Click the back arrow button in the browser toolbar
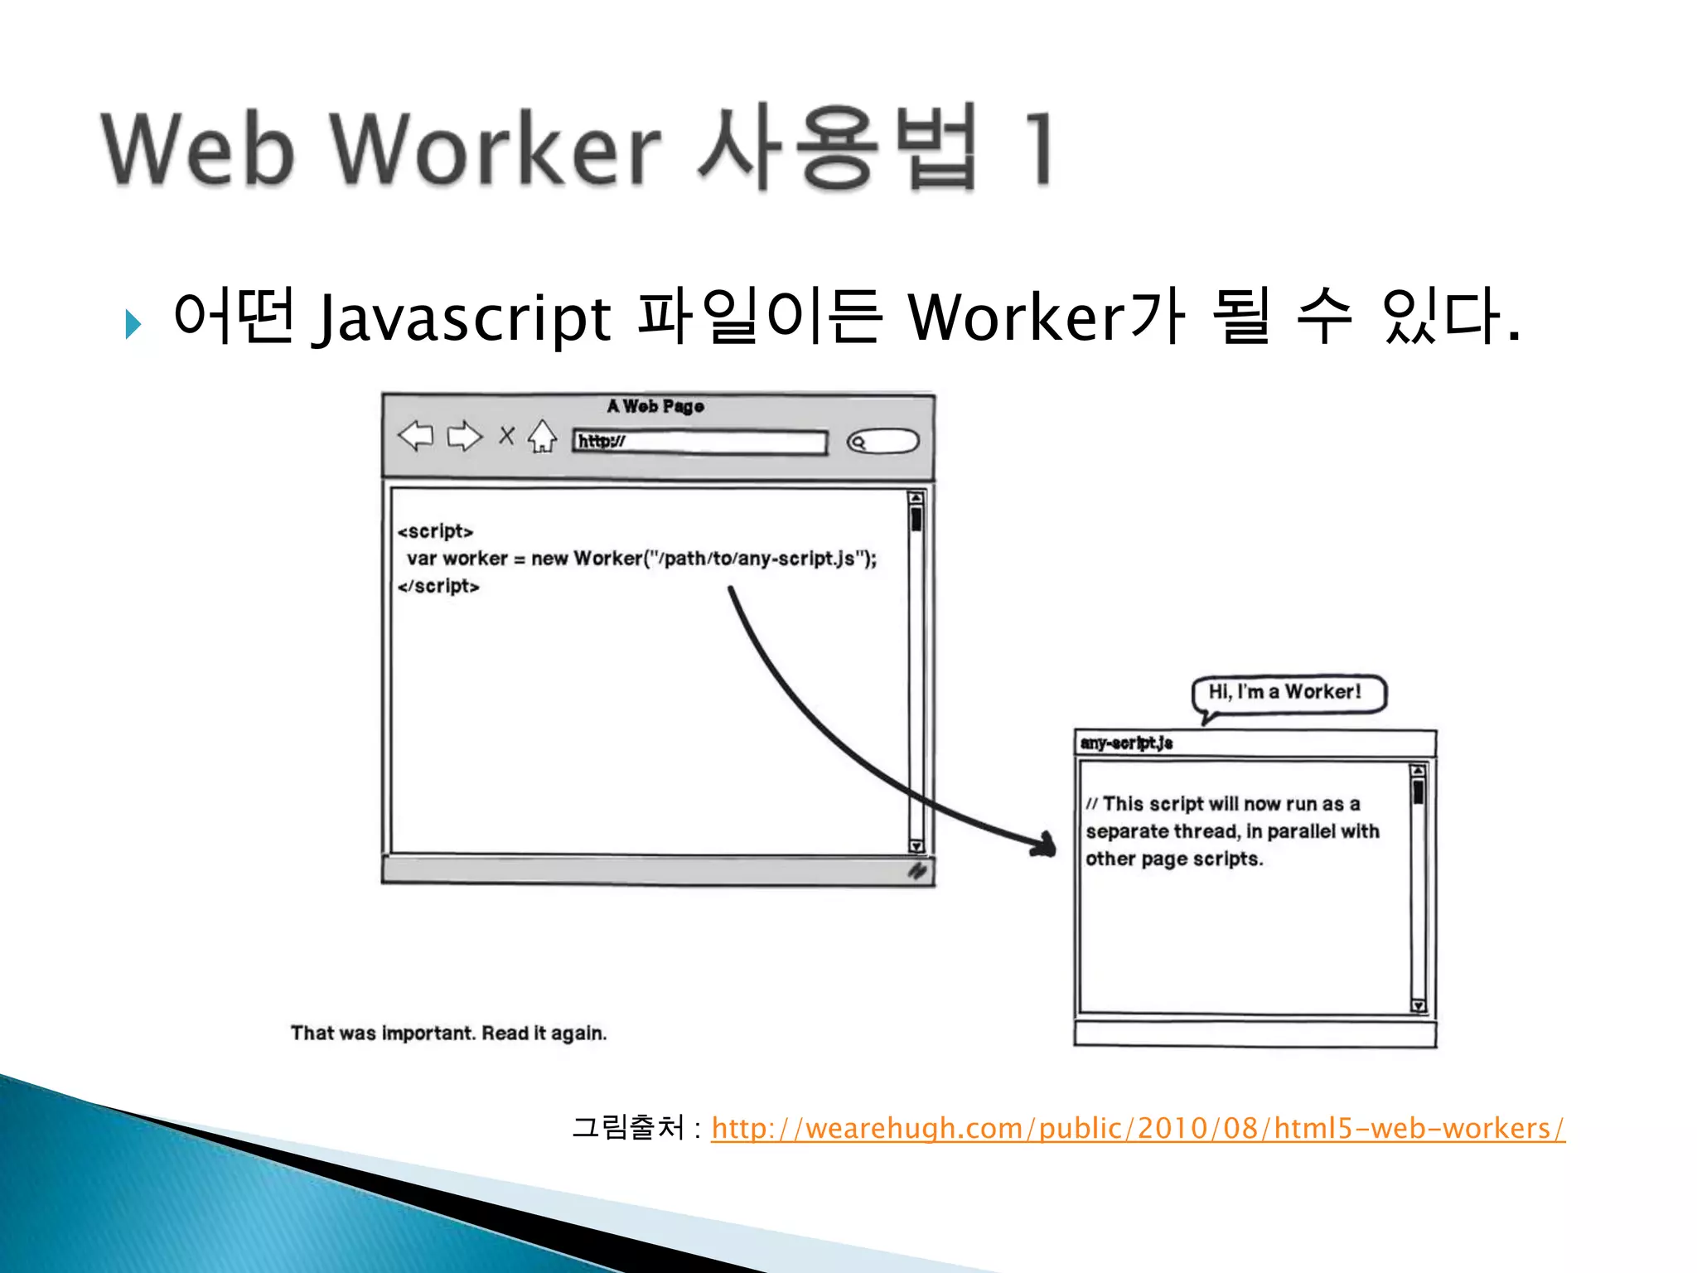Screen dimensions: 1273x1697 (x=416, y=436)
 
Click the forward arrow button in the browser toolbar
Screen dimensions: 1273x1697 (x=464, y=436)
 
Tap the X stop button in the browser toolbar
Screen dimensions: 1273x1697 (x=506, y=435)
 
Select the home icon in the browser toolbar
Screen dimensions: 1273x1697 (x=543, y=436)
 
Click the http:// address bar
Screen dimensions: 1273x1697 (x=700, y=442)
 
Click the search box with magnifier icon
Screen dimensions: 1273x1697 (x=883, y=442)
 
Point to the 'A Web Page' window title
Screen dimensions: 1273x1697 (x=655, y=406)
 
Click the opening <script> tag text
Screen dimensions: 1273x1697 (x=435, y=531)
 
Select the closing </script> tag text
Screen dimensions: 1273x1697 (x=438, y=586)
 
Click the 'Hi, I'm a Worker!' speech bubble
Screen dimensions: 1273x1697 (x=1286, y=693)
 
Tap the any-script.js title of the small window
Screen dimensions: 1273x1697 (x=1127, y=743)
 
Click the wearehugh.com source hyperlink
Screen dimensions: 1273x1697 (x=1138, y=1129)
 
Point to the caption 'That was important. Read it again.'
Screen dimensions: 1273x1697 (x=448, y=1033)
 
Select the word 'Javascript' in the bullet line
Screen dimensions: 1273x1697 (x=461, y=318)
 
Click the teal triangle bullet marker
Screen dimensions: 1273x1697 (x=133, y=323)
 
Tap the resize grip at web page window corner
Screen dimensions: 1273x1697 (x=917, y=871)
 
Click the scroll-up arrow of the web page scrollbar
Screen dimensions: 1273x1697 (x=916, y=498)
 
